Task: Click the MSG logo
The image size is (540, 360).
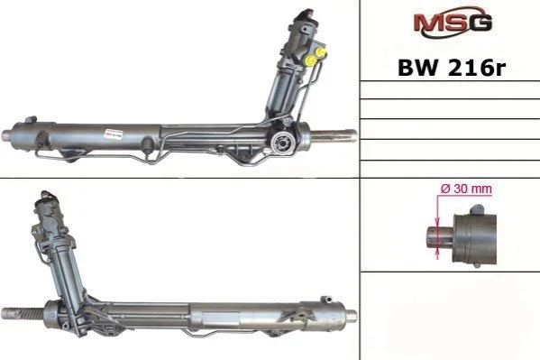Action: point(453,23)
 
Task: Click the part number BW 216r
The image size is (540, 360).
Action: point(452,68)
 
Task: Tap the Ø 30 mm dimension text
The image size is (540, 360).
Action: point(466,189)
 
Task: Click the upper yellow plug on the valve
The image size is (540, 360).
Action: point(322,51)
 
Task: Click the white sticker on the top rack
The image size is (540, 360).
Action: point(114,134)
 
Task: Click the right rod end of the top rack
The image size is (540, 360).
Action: point(334,134)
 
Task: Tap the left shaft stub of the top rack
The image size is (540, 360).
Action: point(7,134)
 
